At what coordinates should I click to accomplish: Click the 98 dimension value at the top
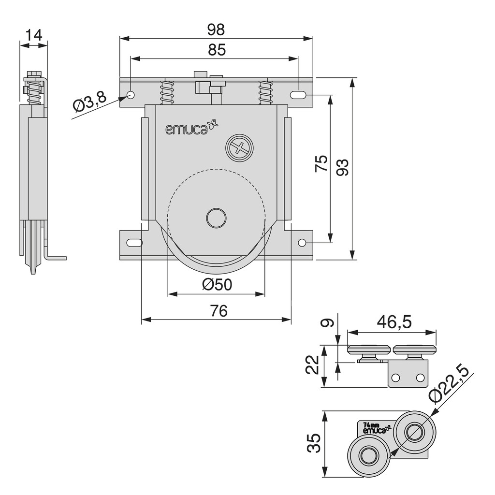pos(216,29)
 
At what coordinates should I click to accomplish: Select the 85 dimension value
pos(216,50)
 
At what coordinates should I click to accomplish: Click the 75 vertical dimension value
pos(321,164)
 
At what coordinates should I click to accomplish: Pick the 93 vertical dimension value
pos(342,167)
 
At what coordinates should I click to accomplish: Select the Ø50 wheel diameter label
pos(217,285)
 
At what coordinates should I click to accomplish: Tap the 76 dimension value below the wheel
pos(218,311)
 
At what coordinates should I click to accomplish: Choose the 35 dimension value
pos(314,443)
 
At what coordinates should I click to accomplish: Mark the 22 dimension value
pos(313,364)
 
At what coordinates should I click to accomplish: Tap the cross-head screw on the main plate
pos(239,147)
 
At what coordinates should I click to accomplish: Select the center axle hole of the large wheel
pos(216,218)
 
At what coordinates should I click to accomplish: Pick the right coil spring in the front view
pos(265,92)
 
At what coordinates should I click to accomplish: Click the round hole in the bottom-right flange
pos(302,243)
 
